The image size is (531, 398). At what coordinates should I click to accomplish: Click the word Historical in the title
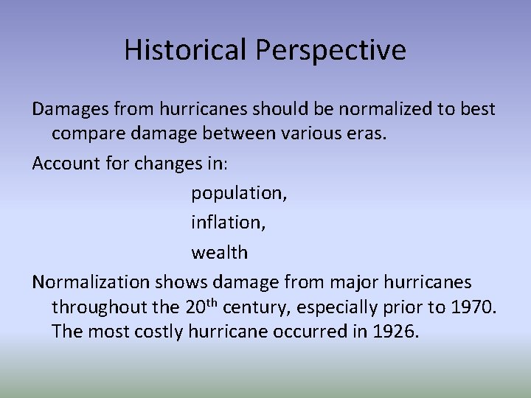(x=186, y=50)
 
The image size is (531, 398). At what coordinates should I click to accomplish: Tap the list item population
(x=239, y=194)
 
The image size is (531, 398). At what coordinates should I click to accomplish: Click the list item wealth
(x=220, y=252)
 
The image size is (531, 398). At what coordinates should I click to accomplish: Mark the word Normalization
(x=91, y=282)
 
